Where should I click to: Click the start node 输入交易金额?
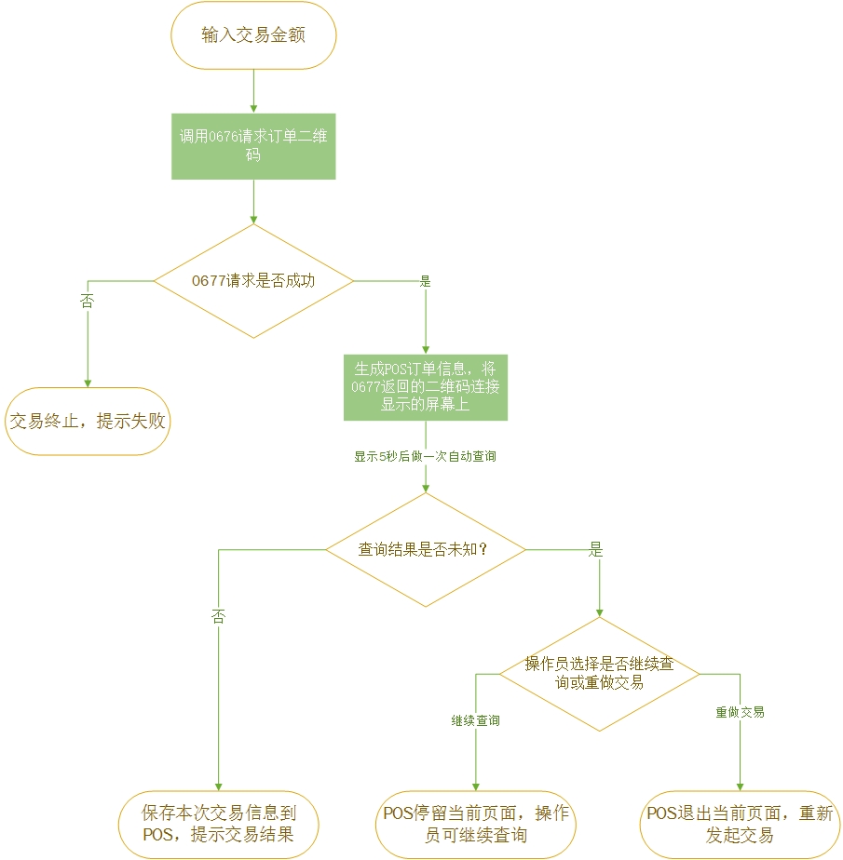coord(253,35)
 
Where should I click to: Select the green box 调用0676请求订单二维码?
coord(253,147)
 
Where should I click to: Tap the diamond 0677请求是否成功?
coord(253,280)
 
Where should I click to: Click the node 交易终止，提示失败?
coord(88,421)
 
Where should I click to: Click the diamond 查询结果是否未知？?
coord(425,549)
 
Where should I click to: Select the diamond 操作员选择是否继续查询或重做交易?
coord(599,673)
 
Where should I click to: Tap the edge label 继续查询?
coord(475,720)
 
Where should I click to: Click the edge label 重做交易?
coord(741,712)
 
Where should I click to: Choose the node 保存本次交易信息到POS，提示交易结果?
coord(219,824)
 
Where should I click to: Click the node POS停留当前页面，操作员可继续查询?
coord(476,824)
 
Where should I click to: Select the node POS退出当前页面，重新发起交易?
coord(741,824)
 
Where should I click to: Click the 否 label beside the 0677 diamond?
coord(88,301)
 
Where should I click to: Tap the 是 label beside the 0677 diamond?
coord(426,280)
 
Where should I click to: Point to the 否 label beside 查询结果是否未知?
coord(219,616)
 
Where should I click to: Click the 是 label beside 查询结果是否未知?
coord(596,549)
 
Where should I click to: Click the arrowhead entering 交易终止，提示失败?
coord(88,382)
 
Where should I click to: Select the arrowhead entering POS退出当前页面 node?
coord(741,786)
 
